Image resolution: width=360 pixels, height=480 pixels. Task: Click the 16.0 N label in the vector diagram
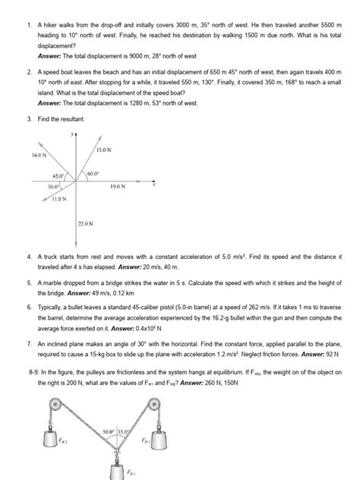click(39, 155)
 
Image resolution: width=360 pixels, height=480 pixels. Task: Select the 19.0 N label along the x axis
click(118, 186)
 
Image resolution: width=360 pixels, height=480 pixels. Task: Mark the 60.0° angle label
click(94, 174)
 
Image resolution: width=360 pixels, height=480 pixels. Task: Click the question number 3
click(28, 120)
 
